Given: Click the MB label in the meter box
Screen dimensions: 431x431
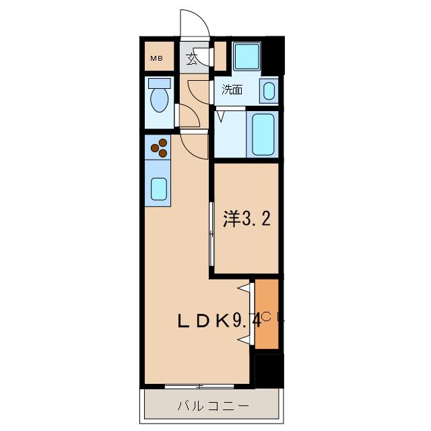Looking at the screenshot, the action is pos(157,59).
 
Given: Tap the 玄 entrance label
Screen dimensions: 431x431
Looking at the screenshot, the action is pos(191,59).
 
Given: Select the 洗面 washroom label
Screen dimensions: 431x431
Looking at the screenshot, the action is pos(232,90).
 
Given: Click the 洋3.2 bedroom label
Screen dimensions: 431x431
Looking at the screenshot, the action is pos(246,219).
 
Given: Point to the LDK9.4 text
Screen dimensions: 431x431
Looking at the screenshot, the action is pos(220,321).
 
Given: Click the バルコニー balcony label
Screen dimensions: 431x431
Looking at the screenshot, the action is pos(213,406).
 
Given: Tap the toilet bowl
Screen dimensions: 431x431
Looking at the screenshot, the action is pos(160,100).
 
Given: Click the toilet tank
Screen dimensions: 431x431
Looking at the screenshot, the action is pos(160,83).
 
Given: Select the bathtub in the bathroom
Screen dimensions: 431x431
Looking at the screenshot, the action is pos(263,135).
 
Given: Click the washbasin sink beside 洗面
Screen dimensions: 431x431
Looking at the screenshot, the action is pos(269,91).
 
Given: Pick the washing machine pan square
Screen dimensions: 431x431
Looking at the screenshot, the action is pos(246,57).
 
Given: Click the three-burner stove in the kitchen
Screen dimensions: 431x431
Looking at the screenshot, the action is pos(160,148).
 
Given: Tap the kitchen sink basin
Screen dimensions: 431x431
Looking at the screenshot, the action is pos(159,189).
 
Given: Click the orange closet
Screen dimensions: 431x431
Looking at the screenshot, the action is pos(267,314).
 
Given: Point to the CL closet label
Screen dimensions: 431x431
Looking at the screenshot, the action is pos(273,317).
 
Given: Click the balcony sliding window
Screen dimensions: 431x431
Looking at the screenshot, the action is pos(199,386).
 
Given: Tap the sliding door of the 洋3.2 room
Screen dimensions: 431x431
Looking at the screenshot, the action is pos(211,234).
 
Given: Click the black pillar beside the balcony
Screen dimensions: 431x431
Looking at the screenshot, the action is pos(269,371).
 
